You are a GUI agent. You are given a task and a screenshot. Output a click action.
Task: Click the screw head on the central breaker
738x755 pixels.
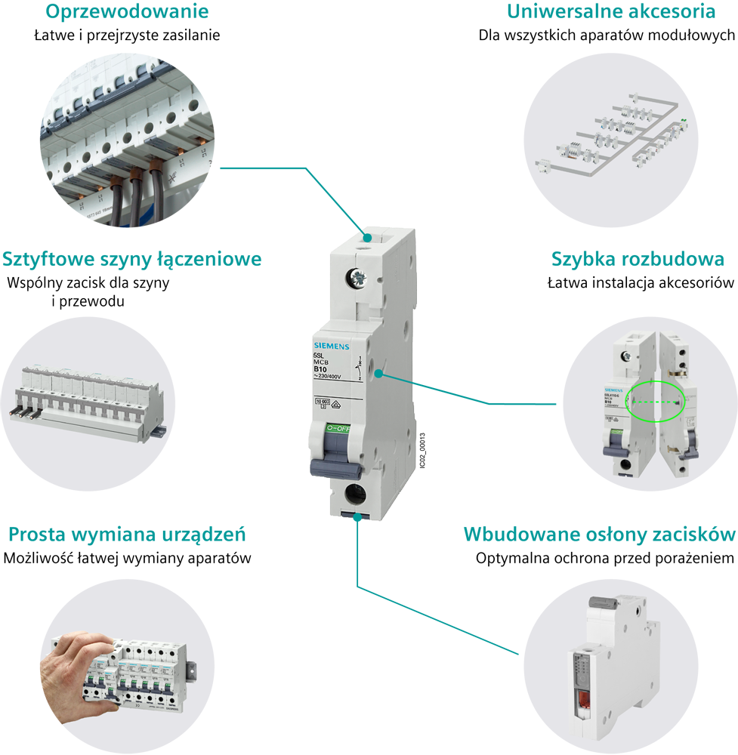click(355, 279)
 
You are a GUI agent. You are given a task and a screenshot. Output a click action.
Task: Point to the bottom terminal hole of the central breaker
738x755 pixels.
click(352, 495)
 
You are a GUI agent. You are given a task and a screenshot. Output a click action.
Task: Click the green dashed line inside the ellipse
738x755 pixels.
click(655, 402)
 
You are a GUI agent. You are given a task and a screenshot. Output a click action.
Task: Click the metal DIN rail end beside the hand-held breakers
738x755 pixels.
click(193, 667)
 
